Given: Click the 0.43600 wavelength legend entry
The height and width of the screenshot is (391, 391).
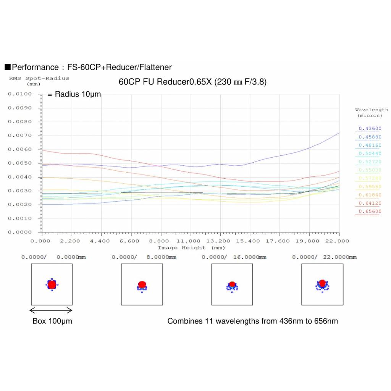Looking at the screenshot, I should click(370, 129).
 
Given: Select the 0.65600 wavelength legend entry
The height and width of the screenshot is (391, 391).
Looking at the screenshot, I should click(370, 212).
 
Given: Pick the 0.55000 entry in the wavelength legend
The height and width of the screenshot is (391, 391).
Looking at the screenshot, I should click(370, 170).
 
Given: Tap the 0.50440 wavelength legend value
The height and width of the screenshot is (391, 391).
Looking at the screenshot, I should click(370, 153).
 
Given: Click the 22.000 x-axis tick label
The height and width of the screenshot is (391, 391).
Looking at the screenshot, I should click(339, 241).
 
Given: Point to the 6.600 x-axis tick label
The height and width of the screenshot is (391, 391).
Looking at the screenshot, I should click(131, 241).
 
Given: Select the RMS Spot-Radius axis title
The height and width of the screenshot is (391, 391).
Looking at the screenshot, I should click(39, 79).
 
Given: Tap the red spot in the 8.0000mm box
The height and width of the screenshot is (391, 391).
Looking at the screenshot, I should click(142, 284).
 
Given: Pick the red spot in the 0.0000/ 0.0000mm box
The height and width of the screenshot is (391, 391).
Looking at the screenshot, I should click(52, 284).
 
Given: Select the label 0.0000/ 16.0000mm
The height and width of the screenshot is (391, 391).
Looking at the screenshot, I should click(234, 257).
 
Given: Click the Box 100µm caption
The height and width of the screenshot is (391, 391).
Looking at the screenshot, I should click(52, 321).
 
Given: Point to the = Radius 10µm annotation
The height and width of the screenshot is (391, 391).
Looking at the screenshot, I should click(74, 94).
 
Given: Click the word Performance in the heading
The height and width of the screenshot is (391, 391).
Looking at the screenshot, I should click(35, 68).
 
